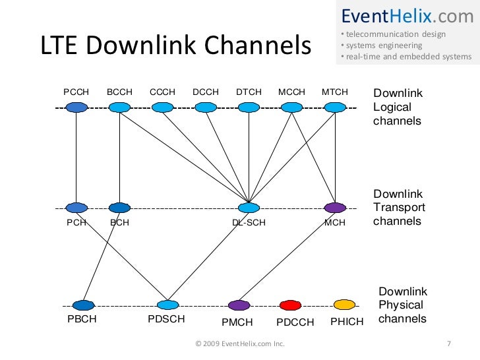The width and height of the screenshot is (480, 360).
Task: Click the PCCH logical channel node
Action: (x=76, y=107)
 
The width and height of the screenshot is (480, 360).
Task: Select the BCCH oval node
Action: (x=119, y=107)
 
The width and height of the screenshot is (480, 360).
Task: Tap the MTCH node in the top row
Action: (x=334, y=107)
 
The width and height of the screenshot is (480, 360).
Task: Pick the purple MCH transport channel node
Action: (x=335, y=208)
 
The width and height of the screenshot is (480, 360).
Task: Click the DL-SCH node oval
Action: (x=249, y=208)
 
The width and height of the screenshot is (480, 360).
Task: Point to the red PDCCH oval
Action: (x=290, y=305)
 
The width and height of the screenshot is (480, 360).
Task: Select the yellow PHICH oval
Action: (x=344, y=305)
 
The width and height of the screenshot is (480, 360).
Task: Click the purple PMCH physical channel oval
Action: (x=238, y=305)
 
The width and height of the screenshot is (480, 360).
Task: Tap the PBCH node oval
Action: (x=84, y=305)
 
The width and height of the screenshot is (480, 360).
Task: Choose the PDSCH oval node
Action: (x=167, y=305)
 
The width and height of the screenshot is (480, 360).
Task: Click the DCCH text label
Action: (x=205, y=92)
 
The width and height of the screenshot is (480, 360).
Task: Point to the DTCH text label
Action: (x=249, y=92)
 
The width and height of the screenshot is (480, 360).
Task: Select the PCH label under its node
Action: (x=76, y=223)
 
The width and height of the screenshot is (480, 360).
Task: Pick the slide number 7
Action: (x=448, y=344)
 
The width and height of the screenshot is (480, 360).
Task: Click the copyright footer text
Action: (x=240, y=344)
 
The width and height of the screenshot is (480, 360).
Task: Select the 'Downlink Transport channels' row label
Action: (x=399, y=208)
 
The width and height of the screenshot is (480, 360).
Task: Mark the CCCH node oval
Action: (x=162, y=107)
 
